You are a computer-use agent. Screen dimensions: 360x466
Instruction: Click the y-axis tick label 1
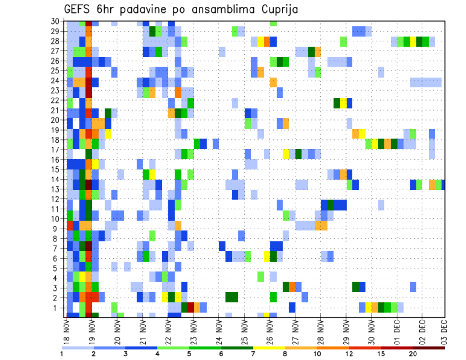[57, 308]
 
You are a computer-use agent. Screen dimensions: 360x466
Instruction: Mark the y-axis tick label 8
[57, 238]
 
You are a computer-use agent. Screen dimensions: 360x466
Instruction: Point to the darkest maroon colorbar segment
[429, 348]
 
